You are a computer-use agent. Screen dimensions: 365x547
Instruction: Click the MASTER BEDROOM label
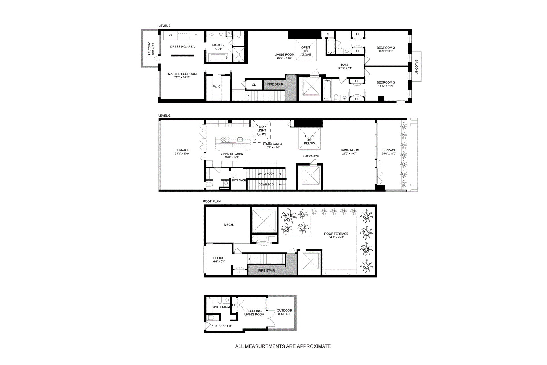tap(182, 74)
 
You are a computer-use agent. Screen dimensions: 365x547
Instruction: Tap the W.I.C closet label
tap(217, 86)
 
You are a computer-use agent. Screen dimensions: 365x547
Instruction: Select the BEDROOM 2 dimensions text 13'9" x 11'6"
tap(386, 51)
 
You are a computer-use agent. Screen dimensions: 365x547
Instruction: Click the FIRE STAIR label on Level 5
tap(275, 84)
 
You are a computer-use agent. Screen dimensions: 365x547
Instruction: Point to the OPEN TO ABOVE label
tap(305, 51)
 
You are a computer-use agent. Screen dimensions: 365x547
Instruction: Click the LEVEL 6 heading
tap(164, 115)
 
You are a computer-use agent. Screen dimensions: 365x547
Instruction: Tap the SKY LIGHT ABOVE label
tap(262, 130)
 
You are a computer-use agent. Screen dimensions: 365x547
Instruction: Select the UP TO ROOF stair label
tap(266, 174)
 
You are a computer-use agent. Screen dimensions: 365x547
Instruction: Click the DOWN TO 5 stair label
tap(266, 184)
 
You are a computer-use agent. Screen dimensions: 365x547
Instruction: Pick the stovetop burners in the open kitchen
tap(225, 139)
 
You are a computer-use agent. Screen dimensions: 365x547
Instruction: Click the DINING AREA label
tap(272, 144)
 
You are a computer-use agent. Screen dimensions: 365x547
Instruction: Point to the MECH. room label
tap(229, 225)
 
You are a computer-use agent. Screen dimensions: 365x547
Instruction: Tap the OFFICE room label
tap(218, 258)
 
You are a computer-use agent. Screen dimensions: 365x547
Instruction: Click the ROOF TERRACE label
tap(336, 234)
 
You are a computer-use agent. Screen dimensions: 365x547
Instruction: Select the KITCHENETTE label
tap(222, 326)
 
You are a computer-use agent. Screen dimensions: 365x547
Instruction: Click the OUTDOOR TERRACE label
tap(284, 312)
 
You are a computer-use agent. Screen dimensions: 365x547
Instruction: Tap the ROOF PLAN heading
tap(211, 201)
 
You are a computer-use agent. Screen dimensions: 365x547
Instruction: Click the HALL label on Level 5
tap(345, 65)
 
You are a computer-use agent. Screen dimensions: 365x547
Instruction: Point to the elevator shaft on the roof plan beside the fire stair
tap(310, 261)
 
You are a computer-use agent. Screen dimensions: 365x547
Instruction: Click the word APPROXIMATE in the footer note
tap(313, 346)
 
